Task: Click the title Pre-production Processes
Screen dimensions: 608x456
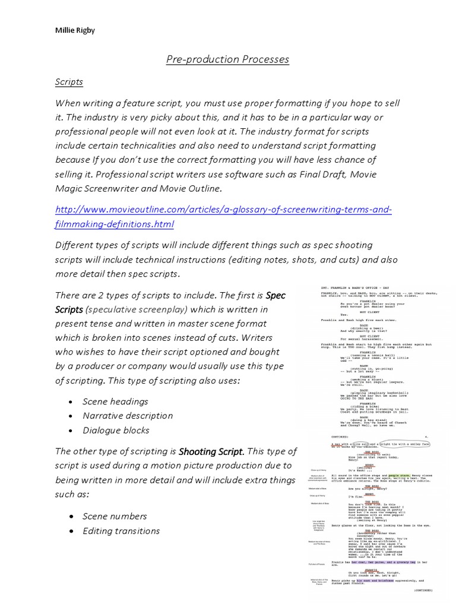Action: click(x=227, y=59)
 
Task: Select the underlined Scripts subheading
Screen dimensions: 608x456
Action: click(x=69, y=82)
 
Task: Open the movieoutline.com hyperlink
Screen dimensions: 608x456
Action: click(x=224, y=217)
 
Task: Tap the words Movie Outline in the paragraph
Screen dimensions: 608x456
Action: click(x=191, y=188)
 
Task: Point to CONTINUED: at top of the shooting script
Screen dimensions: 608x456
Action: click(x=344, y=435)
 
